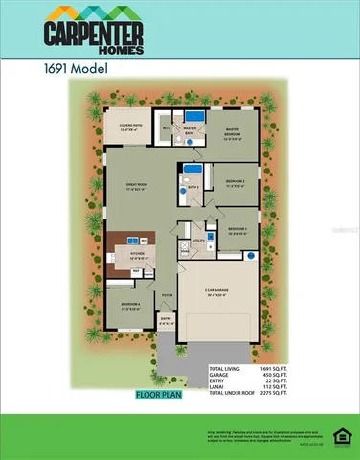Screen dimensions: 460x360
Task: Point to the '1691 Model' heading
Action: coord(73,69)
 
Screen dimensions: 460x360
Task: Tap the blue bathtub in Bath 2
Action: coord(191,174)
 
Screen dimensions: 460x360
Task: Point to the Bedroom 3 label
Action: coord(236,230)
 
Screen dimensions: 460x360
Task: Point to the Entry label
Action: coord(166,321)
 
